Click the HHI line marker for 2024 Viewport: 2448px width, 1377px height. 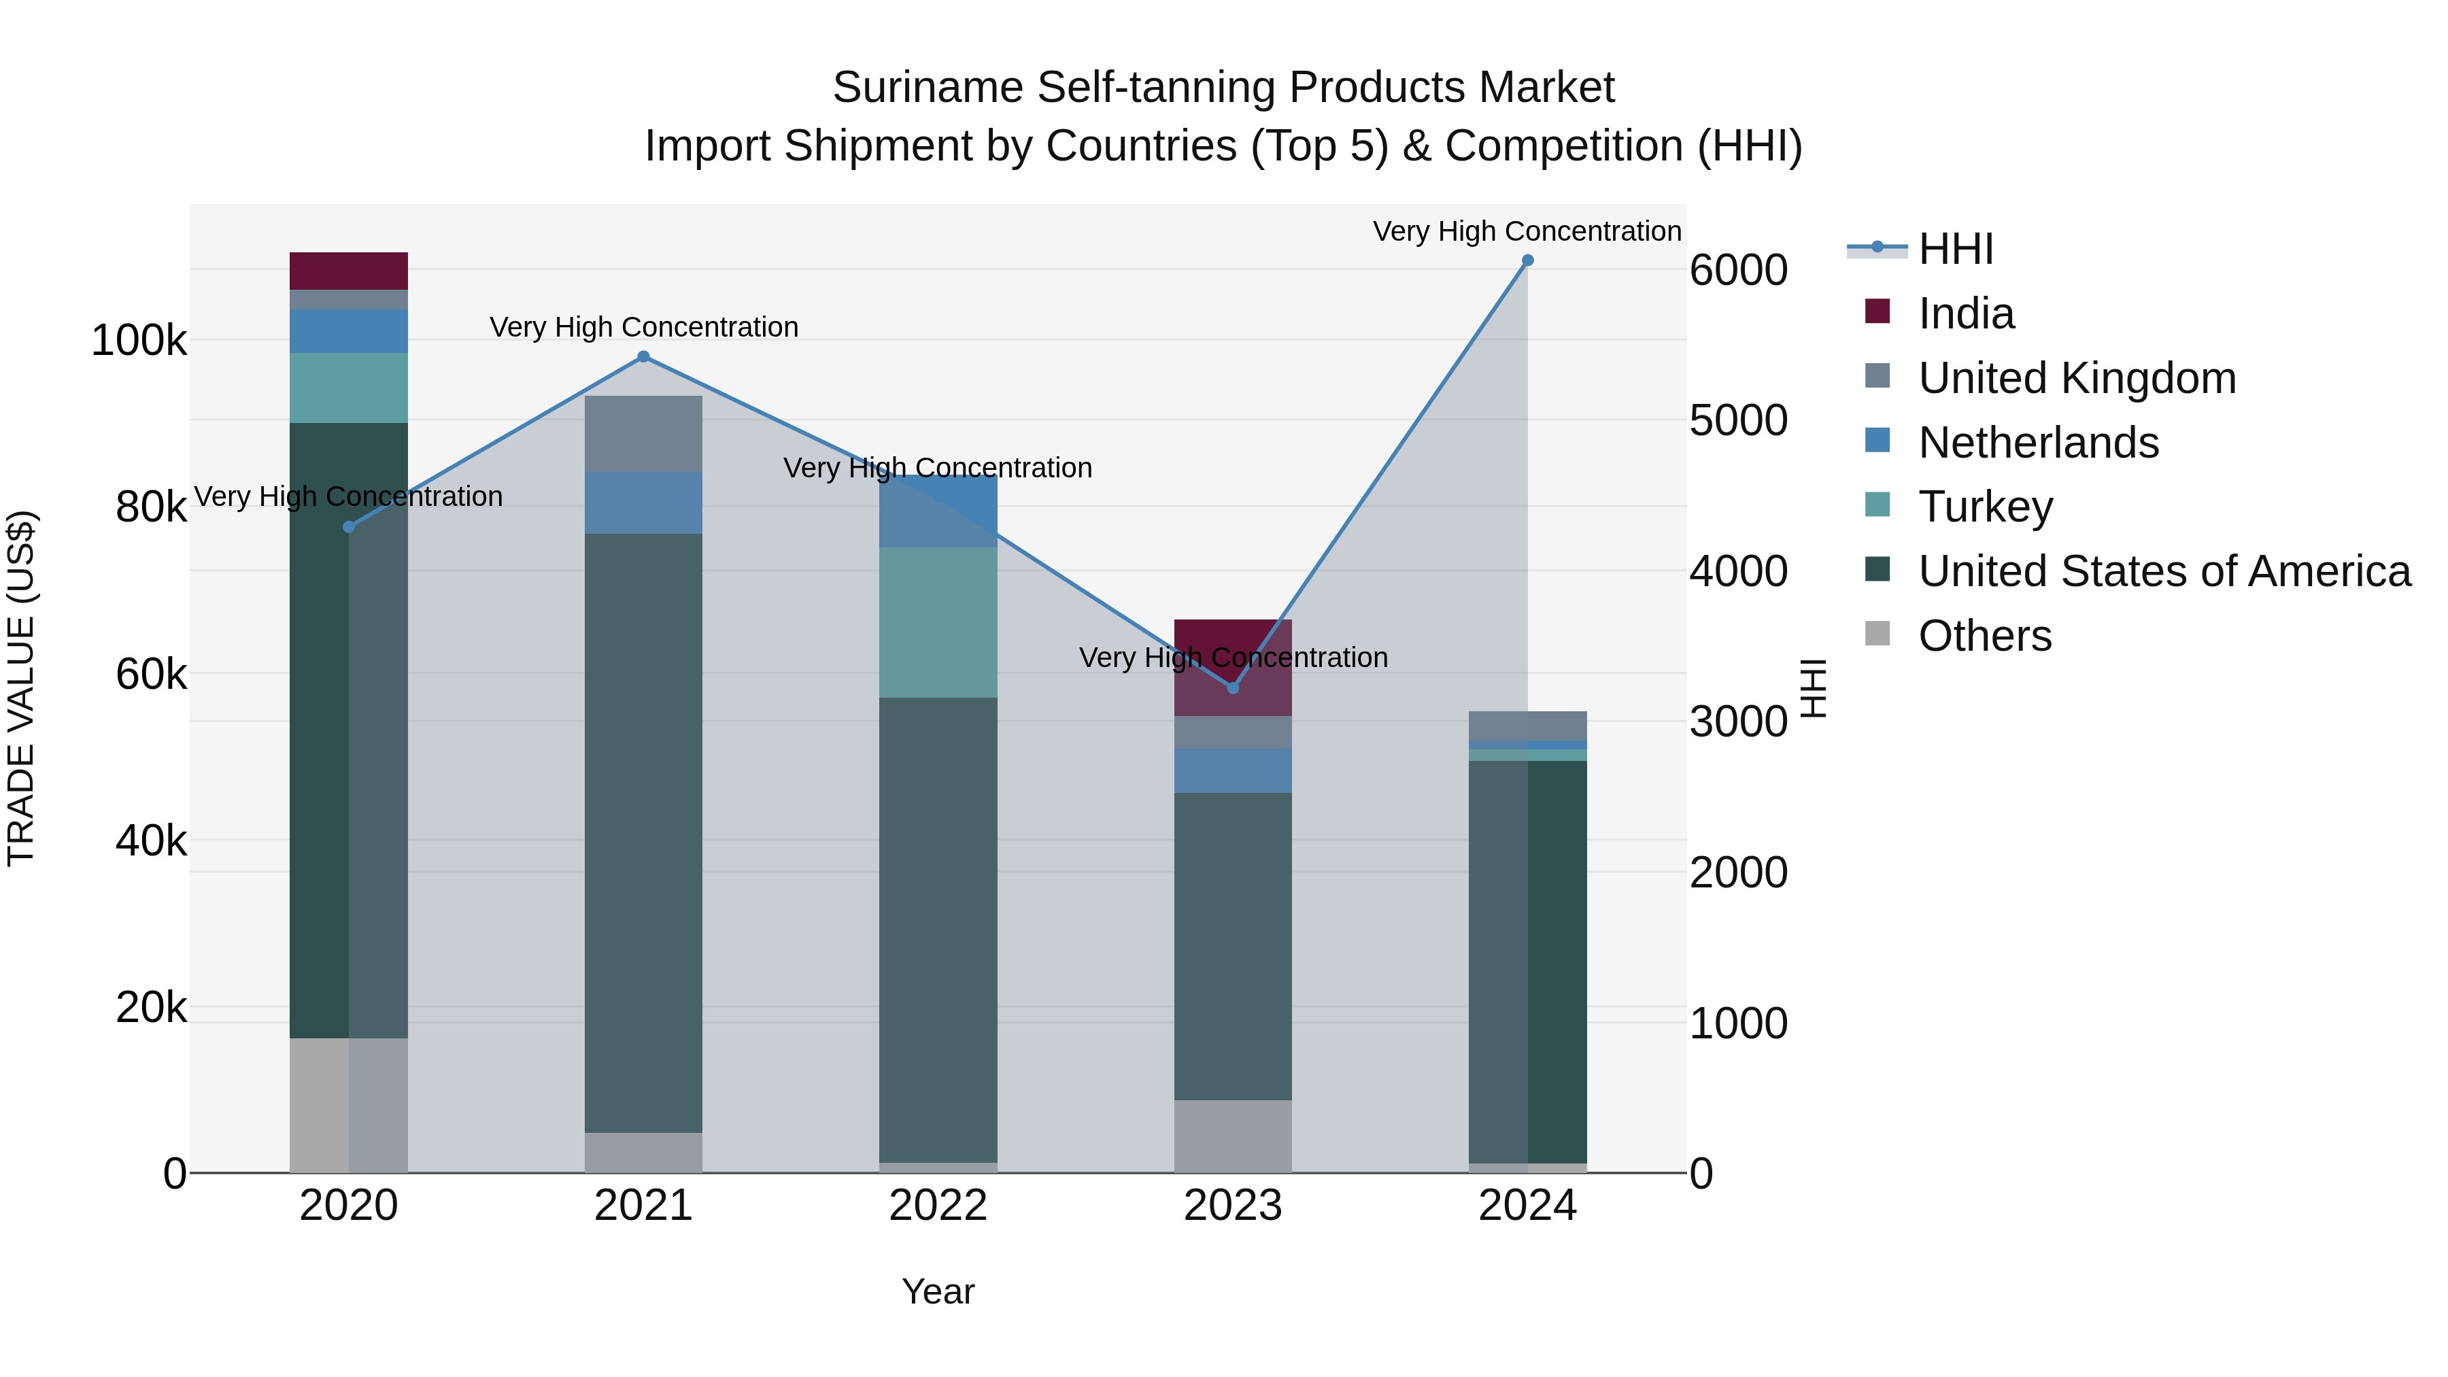pos(1527,260)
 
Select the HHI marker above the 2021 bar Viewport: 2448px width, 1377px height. pos(643,356)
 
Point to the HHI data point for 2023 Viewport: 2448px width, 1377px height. pos(1233,687)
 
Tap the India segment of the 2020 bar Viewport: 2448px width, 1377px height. pos(349,271)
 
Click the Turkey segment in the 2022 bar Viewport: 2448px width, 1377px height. pos(938,622)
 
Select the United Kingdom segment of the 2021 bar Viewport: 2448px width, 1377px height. pos(643,433)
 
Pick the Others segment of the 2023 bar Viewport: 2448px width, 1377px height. pos(1233,1136)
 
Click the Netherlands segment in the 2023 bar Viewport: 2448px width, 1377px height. pos(1233,770)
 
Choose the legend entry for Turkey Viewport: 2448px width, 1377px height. pos(1984,507)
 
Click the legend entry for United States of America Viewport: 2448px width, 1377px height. pos(2163,571)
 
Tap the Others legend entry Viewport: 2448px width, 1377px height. pos(1984,636)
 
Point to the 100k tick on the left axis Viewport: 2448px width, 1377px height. pos(139,340)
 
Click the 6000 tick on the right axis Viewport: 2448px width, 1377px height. pos(1738,270)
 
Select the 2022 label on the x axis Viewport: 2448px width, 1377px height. pos(938,1206)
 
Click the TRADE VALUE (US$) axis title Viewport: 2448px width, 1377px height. pos(21,688)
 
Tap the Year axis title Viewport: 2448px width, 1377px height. pos(938,1291)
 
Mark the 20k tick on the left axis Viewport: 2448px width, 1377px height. pos(151,1007)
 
